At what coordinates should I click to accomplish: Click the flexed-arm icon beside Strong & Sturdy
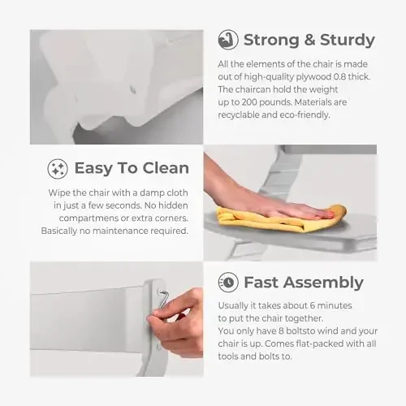pyautogui.click(x=228, y=40)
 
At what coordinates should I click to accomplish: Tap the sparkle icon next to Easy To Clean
pyautogui.click(x=58, y=169)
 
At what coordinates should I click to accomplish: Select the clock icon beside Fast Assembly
pyautogui.click(x=228, y=283)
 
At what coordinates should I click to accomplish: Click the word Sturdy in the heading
pyautogui.click(x=348, y=41)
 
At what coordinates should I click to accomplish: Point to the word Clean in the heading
pyautogui.click(x=166, y=168)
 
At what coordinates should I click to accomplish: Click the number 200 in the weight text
pyautogui.click(x=249, y=102)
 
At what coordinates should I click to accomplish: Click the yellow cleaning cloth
pyautogui.click(x=282, y=218)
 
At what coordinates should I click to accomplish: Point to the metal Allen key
pyautogui.click(x=163, y=299)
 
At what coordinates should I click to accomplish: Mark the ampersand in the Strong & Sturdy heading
pyautogui.click(x=309, y=40)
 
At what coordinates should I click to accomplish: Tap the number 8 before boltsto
pyautogui.click(x=281, y=331)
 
